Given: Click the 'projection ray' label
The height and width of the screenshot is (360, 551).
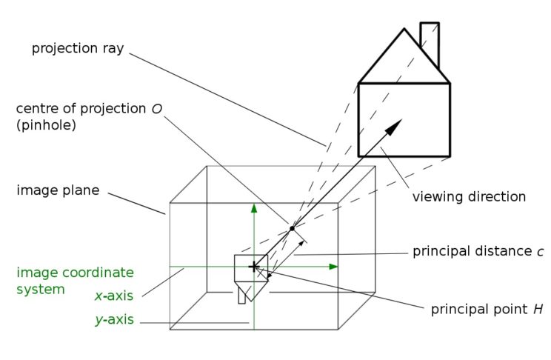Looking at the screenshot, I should [x=77, y=48].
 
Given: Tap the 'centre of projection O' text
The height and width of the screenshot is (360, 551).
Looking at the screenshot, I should [x=89, y=109].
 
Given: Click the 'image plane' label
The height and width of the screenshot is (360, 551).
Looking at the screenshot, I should [x=58, y=190].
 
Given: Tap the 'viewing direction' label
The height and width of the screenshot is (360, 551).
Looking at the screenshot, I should [x=469, y=197].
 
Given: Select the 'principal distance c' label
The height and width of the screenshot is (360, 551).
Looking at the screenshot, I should [x=478, y=252].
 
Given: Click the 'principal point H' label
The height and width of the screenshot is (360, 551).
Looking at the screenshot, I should [x=487, y=309].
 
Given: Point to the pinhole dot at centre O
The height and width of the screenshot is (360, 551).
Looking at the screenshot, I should [x=292, y=228].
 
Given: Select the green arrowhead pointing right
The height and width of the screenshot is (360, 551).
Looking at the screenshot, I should [x=333, y=266].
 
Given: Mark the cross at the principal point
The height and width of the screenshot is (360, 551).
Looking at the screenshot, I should [x=253, y=266].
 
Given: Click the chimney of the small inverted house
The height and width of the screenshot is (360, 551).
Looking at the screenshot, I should [x=241, y=297].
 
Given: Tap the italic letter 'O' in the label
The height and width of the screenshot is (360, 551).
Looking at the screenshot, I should [x=156, y=109].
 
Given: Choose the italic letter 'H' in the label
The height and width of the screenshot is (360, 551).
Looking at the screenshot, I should [x=538, y=309].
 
